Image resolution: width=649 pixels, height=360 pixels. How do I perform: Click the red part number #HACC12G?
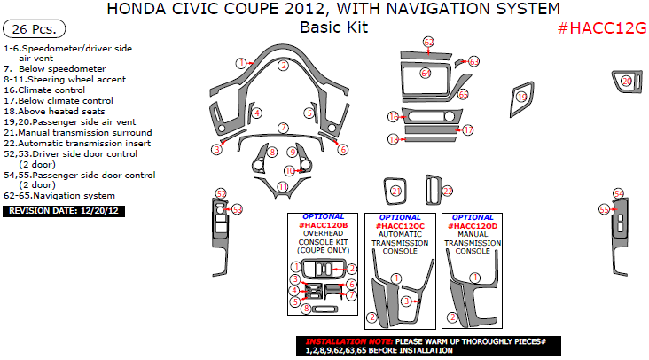pos(602,28)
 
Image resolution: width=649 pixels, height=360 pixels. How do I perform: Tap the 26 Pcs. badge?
pos(34,29)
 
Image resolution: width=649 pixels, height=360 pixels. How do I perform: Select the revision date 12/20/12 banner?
pos(64,211)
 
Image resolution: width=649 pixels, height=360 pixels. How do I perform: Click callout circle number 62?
pos(428,42)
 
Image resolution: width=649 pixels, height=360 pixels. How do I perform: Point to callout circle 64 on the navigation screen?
pos(426,74)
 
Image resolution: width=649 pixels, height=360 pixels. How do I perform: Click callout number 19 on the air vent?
pos(521,98)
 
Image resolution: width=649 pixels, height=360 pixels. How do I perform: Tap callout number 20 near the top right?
pos(627,81)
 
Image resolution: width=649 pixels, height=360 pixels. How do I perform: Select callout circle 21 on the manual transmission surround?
pos(396,191)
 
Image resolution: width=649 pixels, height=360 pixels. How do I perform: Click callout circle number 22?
pos(448,192)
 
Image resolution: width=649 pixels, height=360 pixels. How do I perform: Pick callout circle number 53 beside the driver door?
pos(237,210)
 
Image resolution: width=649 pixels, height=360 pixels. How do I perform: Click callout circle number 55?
pos(605,210)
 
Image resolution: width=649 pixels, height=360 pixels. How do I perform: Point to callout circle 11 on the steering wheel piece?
pos(283,186)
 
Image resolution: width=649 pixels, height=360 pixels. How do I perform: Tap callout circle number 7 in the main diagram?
pos(283,128)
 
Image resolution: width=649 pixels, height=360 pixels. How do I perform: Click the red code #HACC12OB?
pos(324,225)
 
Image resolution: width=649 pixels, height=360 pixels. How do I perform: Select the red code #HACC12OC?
pos(400,226)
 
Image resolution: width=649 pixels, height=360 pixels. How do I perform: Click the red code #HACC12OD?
pos(473,226)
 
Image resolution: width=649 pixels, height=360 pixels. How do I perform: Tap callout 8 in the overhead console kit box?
pos(306,309)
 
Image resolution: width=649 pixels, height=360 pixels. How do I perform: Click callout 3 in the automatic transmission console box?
pos(406,301)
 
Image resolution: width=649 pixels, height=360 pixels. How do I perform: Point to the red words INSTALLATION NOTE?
pos(349,341)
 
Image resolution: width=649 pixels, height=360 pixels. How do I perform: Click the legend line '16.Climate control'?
pos(44,90)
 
